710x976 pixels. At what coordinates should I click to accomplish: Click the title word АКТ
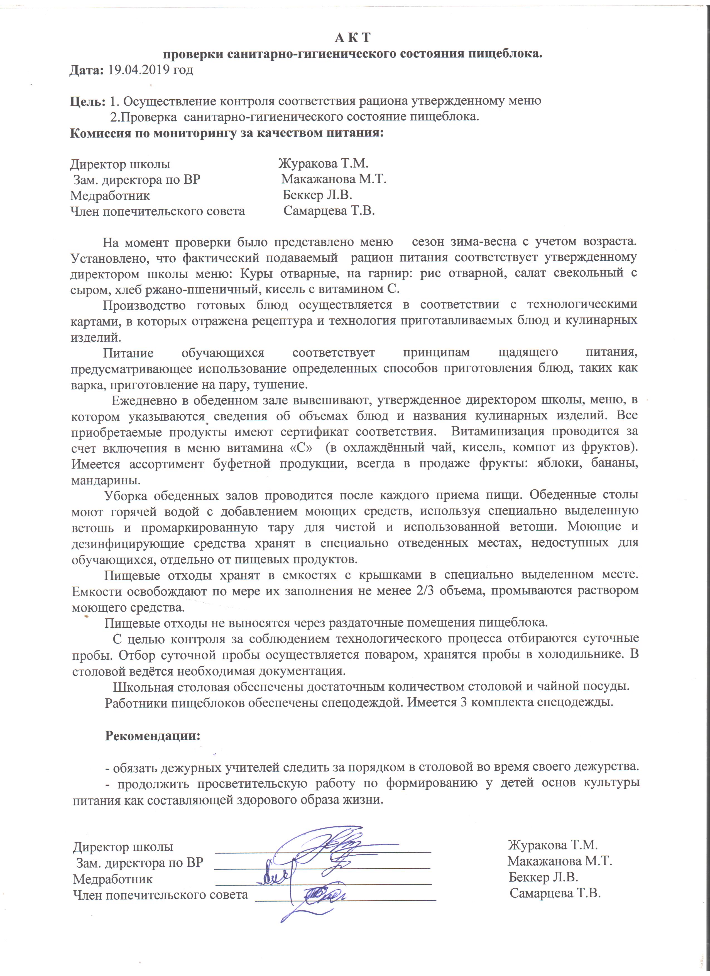[352, 38]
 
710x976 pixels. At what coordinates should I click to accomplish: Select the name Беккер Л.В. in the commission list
[317, 195]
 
